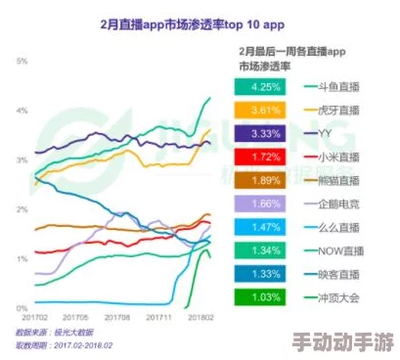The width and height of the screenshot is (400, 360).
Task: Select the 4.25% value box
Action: [x=261, y=85]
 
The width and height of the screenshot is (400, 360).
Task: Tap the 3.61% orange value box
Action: [x=261, y=109]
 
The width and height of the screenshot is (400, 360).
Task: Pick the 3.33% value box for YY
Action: [x=261, y=132]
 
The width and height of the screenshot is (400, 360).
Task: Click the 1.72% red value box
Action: [x=261, y=156]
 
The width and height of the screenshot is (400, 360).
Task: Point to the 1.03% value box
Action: [x=261, y=296]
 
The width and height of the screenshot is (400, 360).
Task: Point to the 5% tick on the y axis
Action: [x=22, y=61]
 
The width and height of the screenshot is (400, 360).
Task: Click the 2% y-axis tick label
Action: [x=22, y=209]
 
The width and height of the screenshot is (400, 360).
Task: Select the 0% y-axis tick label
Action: [x=22, y=308]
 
